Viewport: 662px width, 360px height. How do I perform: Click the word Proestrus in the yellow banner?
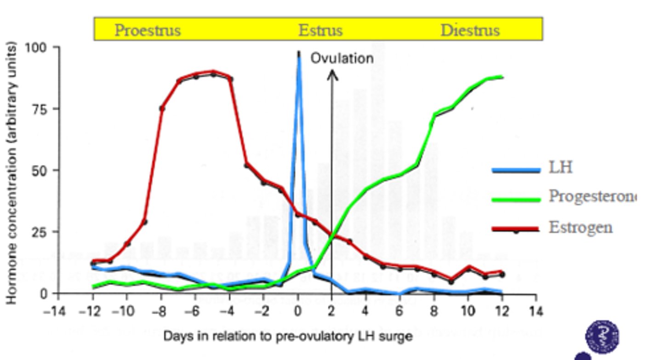[148, 30]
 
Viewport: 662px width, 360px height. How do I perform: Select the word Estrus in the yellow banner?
[320, 30]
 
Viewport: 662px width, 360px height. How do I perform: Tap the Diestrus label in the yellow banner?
[470, 30]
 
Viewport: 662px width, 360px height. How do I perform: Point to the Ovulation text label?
[342, 58]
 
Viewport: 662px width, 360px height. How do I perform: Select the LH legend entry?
[560, 167]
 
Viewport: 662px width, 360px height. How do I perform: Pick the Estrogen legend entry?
[580, 227]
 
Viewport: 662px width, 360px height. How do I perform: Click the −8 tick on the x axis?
[159, 312]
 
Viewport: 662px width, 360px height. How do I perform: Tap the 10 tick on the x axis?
[468, 312]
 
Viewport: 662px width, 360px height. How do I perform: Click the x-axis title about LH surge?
[288, 336]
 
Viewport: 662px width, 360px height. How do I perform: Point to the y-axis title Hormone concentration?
[12, 173]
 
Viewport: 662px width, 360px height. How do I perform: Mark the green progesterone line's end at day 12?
[502, 77]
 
